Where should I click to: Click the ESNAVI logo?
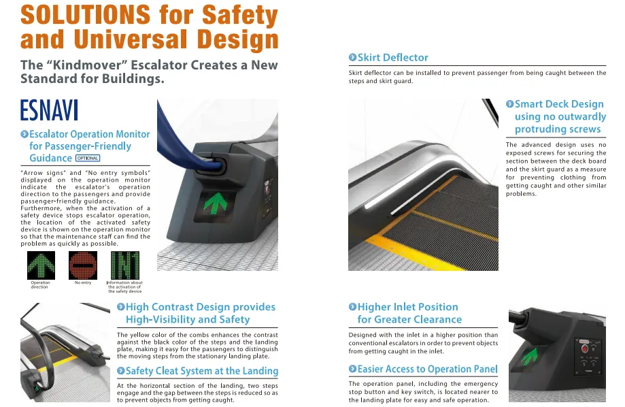tap(49, 110)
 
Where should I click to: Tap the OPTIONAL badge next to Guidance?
tap(88, 159)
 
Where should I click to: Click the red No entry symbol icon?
tap(83, 265)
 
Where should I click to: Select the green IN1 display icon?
tap(125, 265)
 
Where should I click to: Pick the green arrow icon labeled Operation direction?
tap(41, 265)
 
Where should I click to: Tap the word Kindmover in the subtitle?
tap(87, 65)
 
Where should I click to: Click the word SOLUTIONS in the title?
tap(85, 15)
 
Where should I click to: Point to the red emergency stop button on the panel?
tap(584, 348)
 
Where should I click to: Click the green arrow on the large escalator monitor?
tap(215, 202)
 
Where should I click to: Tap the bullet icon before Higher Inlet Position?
tap(352, 307)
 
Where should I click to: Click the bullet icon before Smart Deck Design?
tap(509, 104)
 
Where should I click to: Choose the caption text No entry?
tap(83, 282)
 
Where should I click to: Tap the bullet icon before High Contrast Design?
tap(121, 307)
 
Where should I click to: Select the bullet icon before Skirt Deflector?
tap(352, 57)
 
